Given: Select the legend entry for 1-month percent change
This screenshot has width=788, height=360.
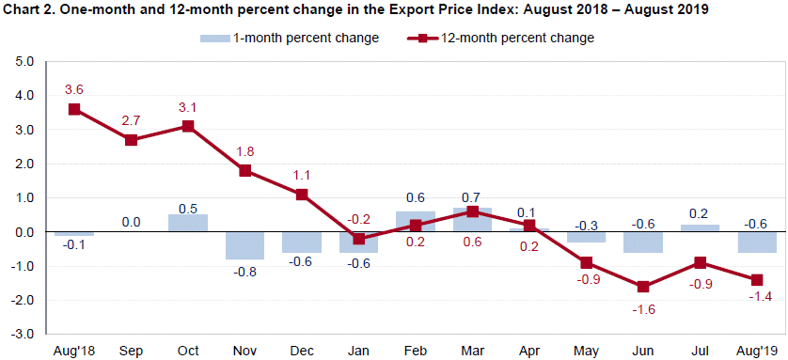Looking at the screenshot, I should click(x=290, y=39).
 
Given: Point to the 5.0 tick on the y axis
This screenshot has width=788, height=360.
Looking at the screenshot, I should click(x=24, y=62).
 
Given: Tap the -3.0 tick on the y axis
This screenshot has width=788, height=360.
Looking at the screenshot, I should click(x=24, y=334).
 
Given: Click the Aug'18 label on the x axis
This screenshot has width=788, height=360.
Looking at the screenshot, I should click(x=74, y=351).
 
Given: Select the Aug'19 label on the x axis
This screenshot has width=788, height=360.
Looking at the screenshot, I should click(x=756, y=351).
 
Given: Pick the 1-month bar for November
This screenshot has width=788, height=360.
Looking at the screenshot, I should click(x=244, y=245).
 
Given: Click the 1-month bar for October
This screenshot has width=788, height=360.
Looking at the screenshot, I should click(x=188, y=223).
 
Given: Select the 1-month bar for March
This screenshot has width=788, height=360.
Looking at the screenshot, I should click(x=472, y=220).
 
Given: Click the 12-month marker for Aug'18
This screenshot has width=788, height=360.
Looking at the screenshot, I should click(x=74, y=109).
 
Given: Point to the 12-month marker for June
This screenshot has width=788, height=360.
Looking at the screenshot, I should click(x=642, y=286).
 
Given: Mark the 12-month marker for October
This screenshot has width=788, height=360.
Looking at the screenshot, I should click(x=188, y=126).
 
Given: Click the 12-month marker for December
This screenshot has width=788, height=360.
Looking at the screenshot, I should click(x=302, y=195).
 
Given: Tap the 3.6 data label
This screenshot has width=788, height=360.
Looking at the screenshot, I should click(x=74, y=89).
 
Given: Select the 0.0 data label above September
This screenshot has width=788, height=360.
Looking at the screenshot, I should click(x=132, y=223).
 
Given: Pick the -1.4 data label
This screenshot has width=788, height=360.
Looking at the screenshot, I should click(x=756, y=298).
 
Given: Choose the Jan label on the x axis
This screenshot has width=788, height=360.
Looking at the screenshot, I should click(x=358, y=351).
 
